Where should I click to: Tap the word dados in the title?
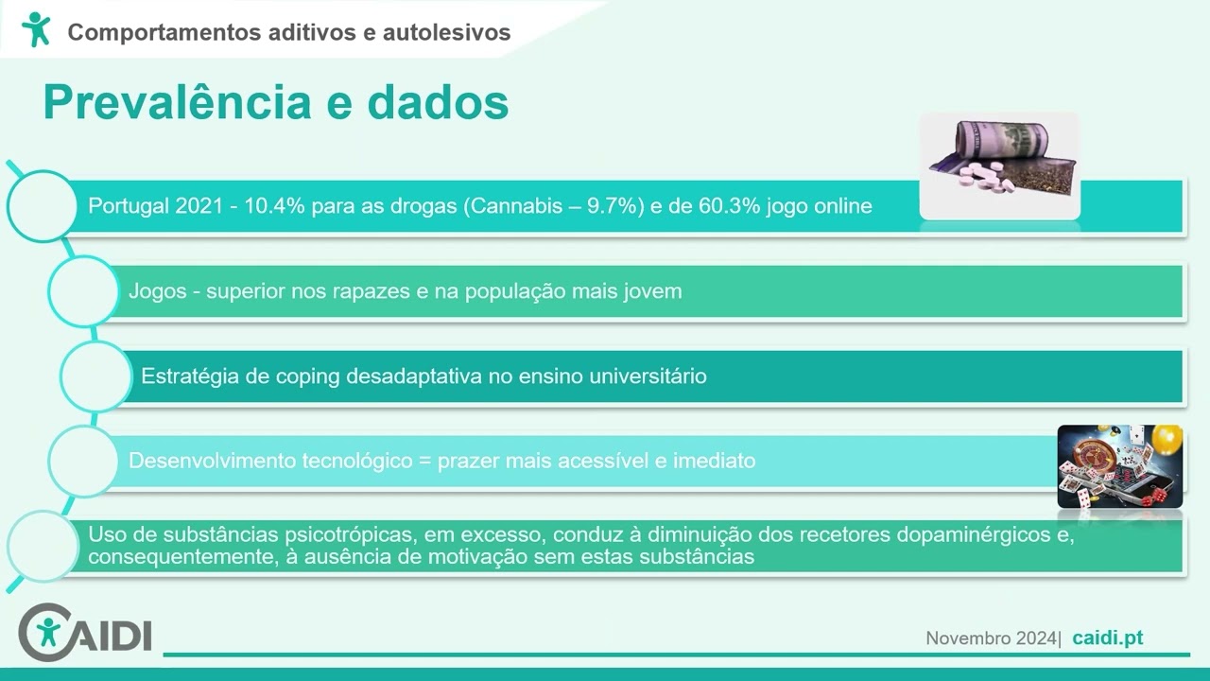tap(438, 102)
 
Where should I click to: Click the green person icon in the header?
tap(36, 30)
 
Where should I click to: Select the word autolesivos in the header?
tap(446, 32)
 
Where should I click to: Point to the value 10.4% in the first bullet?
tap(274, 205)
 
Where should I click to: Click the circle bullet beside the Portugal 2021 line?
tap(43, 205)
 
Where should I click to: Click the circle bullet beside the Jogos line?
tap(83, 291)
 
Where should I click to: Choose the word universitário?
tap(648, 375)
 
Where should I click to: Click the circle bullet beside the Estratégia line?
tap(95, 376)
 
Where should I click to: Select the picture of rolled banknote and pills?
tap(999, 166)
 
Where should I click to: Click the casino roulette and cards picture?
tap(1120, 466)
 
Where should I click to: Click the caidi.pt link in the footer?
tap(1107, 638)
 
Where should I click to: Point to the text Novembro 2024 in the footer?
tap(991, 638)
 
